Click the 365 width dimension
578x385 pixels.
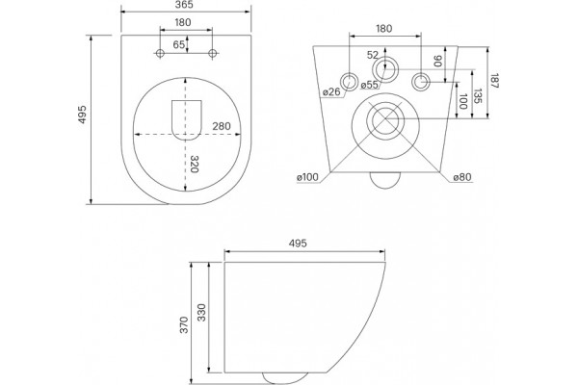click(184, 5)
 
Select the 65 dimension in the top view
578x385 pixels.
click(179, 44)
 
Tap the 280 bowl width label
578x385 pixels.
click(222, 126)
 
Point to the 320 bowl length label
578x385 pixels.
click(195, 164)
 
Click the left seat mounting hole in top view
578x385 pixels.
click(160, 54)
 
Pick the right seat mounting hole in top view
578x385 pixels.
click(212, 54)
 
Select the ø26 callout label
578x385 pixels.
click(331, 91)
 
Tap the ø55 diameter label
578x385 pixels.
click(369, 85)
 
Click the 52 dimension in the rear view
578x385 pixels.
click(373, 55)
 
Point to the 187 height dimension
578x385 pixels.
click(495, 81)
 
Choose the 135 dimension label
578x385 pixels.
click(478, 96)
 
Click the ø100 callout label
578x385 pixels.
click(307, 177)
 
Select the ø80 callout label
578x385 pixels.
click(462, 177)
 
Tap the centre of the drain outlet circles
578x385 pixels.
click(385, 120)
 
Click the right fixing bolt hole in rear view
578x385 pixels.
click(421, 82)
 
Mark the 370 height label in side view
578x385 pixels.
click(184, 324)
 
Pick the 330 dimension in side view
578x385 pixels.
click(201, 313)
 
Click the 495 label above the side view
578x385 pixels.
click(298, 244)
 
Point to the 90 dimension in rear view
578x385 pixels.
click(437, 62)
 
